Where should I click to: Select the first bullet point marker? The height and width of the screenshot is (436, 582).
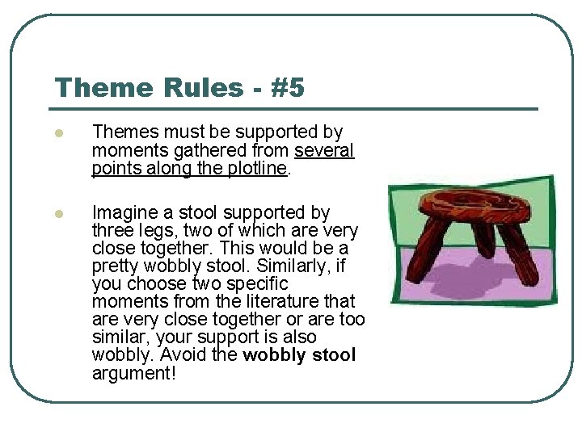(58, 132)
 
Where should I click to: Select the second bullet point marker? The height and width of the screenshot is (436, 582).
(58, 213)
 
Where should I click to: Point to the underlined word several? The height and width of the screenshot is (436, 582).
(324, 149)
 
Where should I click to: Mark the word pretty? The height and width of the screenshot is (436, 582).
(116, 266)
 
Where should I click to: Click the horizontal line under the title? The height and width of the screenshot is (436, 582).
(295, 109)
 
